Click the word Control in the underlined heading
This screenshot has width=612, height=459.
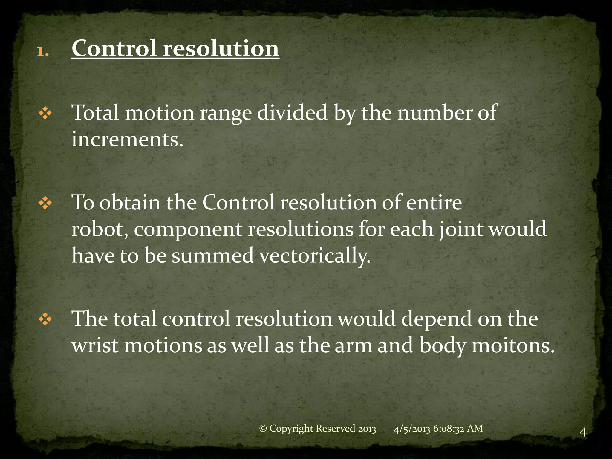114,48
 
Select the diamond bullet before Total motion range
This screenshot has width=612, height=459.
45,114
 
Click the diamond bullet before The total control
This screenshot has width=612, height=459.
45,320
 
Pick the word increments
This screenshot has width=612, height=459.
127,140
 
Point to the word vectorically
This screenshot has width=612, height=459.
315,256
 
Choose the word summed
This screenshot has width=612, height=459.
212,256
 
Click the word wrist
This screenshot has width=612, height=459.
95,346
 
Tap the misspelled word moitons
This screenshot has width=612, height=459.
513,346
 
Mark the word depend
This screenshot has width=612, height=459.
436,319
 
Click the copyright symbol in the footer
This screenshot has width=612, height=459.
263,429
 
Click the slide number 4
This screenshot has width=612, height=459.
583,432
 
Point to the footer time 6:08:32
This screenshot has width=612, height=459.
448,429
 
